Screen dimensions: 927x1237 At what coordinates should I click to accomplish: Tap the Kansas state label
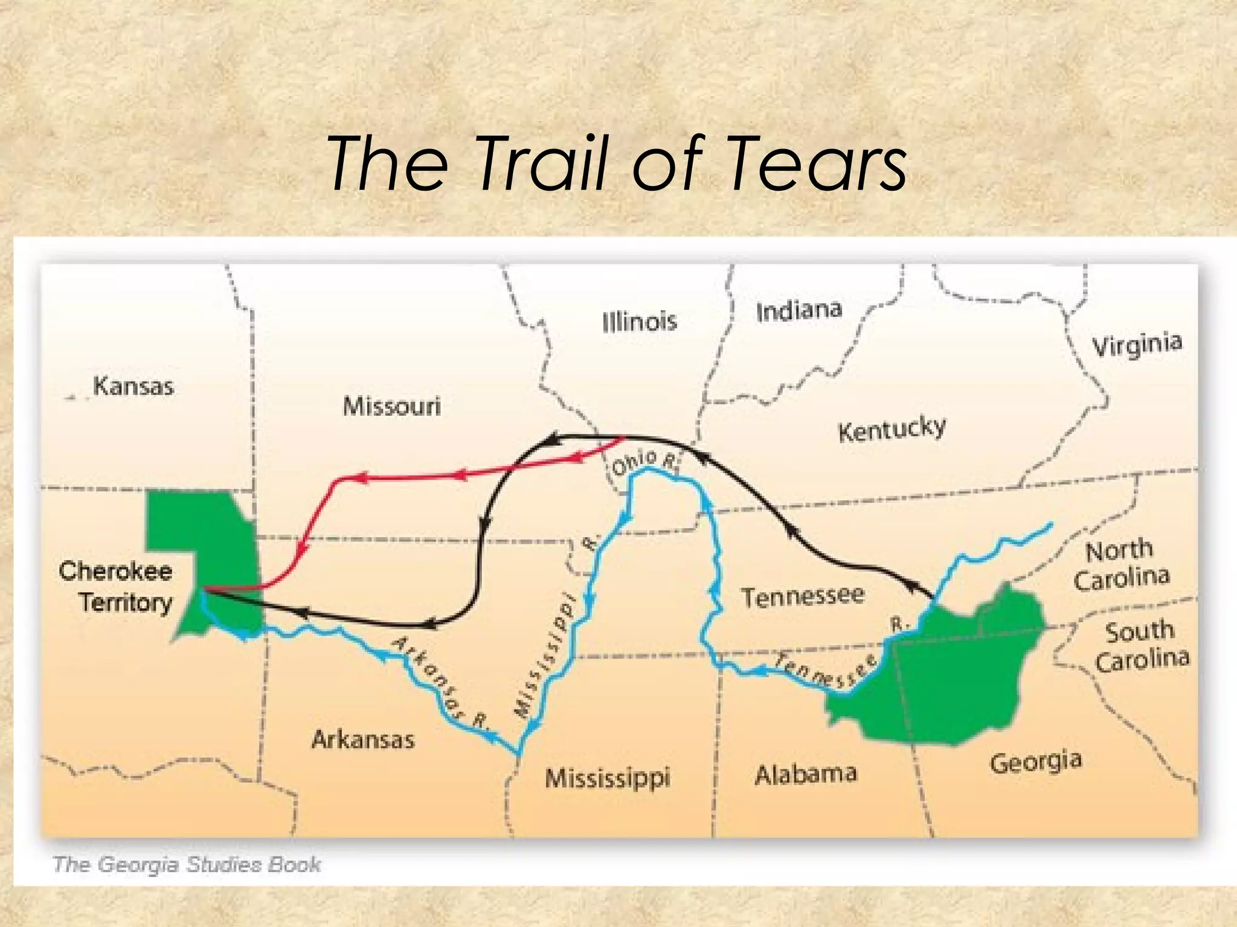coord(133,386)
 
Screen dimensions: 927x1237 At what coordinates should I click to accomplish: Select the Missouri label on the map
coord(392,406)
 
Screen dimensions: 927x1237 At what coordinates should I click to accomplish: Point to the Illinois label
coord(640,321)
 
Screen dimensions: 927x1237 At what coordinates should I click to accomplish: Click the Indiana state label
coord(798,310)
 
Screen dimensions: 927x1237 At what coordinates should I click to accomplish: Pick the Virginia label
coord(1137,345)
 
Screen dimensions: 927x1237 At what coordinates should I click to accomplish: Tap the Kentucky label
coord(892,429)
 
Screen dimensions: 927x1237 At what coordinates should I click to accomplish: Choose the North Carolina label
coord(1121,565)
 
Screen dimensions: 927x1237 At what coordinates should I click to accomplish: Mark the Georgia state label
coord(1035,762)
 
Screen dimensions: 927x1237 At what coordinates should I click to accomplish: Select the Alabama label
coord(806,774)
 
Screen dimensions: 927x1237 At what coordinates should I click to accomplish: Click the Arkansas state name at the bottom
coord(363,740)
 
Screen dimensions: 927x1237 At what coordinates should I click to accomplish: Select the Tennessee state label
coord(803,596)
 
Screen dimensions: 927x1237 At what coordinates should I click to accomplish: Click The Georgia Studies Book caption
coord(187,864)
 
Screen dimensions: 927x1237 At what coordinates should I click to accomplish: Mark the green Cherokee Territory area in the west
coord(199,531)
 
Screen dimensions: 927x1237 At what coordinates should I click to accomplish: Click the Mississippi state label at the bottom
coord(608,777)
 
